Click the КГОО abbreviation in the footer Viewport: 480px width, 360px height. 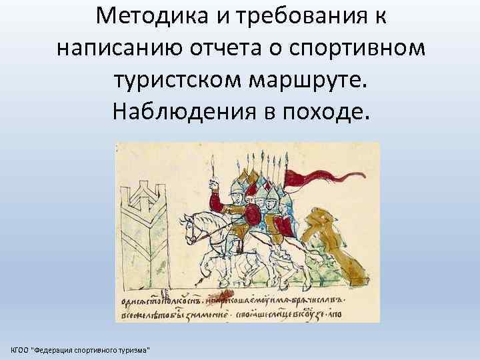pyautogui.click(x=20, y=350)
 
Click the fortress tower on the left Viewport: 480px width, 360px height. pyautogui.click(x=147, y=233)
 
